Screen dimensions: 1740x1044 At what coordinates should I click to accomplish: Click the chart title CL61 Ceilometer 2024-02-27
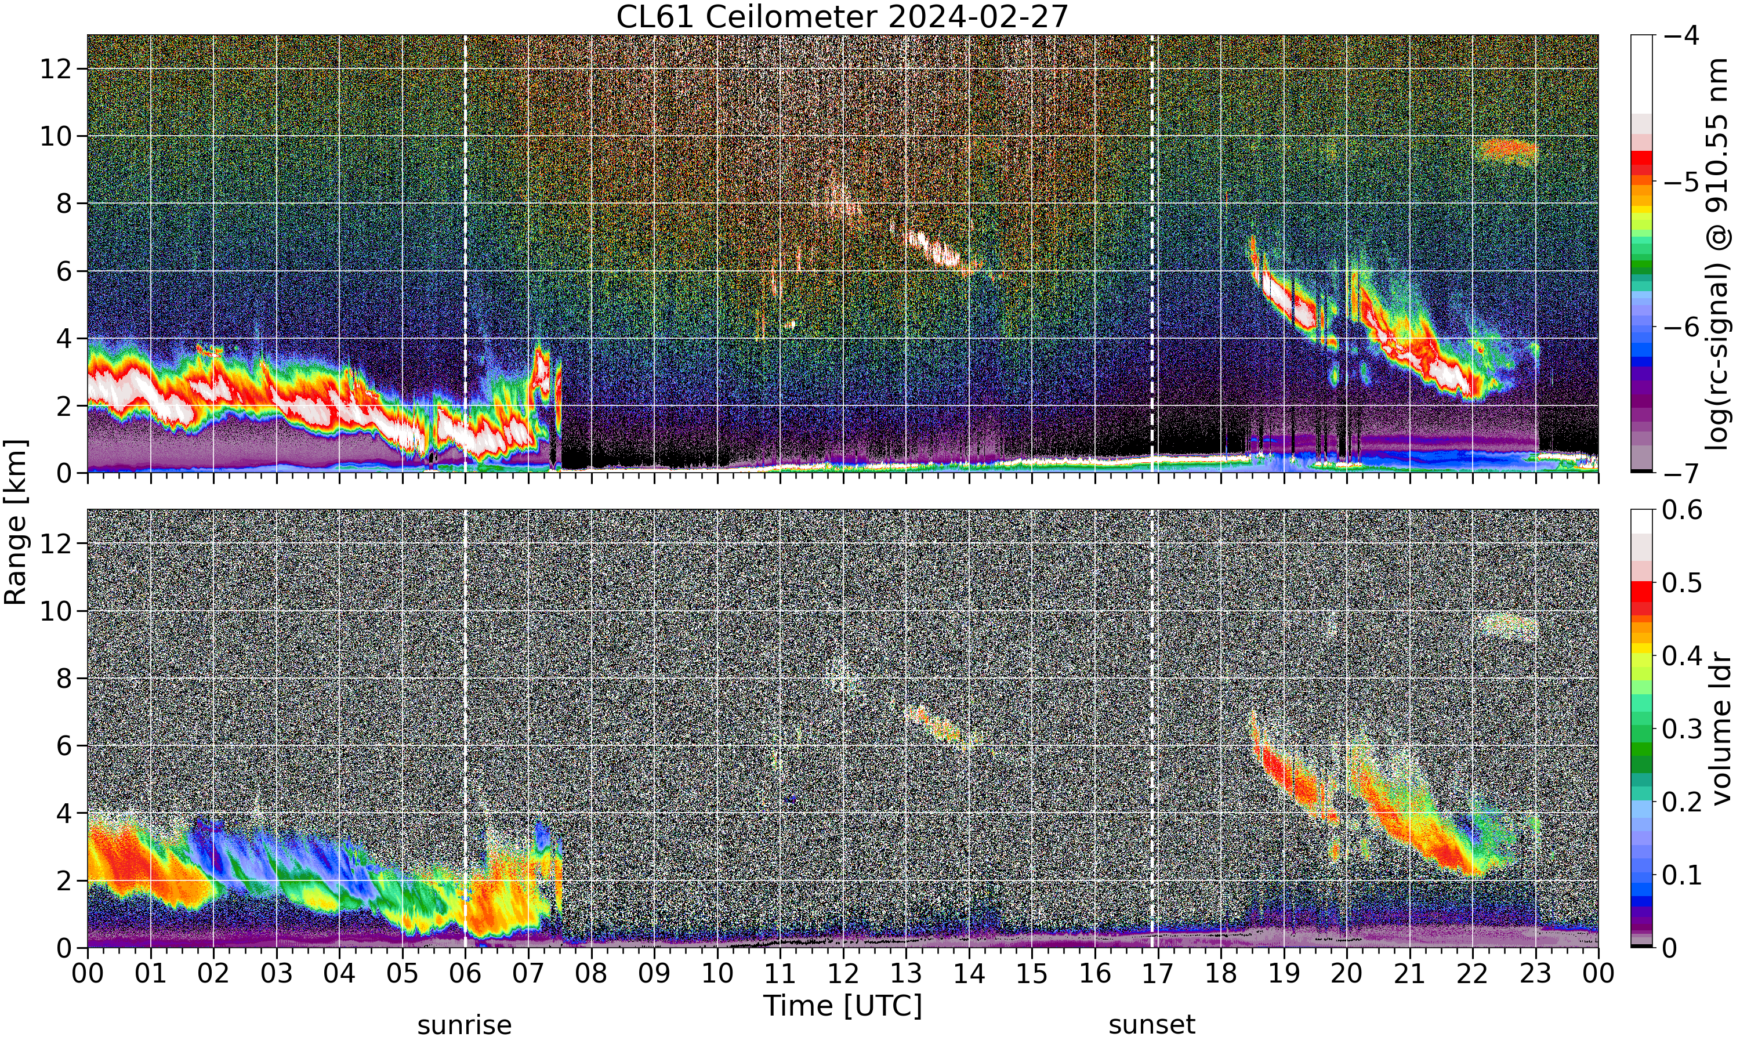(842, 17)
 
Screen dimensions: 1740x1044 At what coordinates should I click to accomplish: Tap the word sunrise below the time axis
(464, 1025)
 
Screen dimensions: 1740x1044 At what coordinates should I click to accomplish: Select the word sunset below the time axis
(1151, 1025)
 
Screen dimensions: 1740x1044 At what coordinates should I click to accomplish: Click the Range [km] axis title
(16, 521)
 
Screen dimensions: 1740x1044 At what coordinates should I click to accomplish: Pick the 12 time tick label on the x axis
(843, 974)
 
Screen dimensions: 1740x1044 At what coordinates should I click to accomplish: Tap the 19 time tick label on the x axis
(1284, 974)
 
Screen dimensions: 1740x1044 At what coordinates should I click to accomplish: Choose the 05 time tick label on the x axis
(403, 974)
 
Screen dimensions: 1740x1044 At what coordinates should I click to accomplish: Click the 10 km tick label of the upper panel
(56, 136)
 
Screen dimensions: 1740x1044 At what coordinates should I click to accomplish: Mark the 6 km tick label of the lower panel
(64, 746)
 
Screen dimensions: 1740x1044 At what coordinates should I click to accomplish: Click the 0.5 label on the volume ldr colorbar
(1683, 582)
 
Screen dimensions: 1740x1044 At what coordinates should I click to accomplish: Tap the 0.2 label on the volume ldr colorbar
(1683, 802)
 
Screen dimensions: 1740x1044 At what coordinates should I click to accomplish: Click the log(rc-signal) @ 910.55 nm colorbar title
(1718, 254)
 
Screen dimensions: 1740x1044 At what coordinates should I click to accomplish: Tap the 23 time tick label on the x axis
(1535, 974)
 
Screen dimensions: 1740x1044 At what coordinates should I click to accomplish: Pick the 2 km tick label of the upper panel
(64, 407)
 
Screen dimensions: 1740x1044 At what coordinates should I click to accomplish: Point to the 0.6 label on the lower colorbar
(1683, 509)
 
